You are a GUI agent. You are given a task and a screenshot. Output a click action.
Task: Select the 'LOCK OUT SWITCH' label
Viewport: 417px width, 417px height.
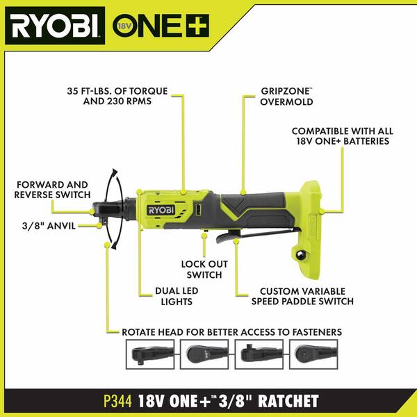coord(202,270)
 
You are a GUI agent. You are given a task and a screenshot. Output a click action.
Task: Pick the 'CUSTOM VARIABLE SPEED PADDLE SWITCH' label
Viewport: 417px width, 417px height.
coord(306,296)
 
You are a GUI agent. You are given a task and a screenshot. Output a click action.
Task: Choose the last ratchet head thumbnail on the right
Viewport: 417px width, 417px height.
coord(313,354)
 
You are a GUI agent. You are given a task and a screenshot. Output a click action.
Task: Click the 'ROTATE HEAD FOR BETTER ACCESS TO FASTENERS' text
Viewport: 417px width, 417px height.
coord(231,332)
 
